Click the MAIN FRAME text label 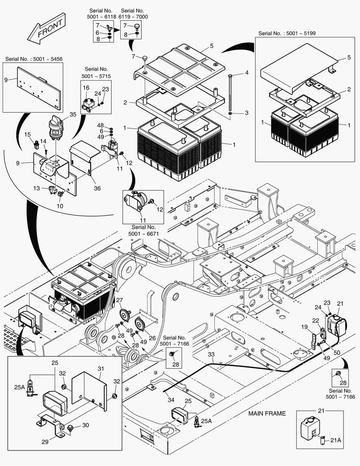click(x=267, y=413)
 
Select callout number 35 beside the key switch click(x=72, y=114)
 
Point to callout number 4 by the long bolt click(x=247, y=73)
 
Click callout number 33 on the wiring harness click(x=211, y=355)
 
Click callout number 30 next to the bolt click(x=86, y=425)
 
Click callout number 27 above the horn click(x=119, y=300)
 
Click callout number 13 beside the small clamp click(x=37, y=188)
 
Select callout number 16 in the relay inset click(x=86, y=88)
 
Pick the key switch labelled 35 click(x=57, y=128)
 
